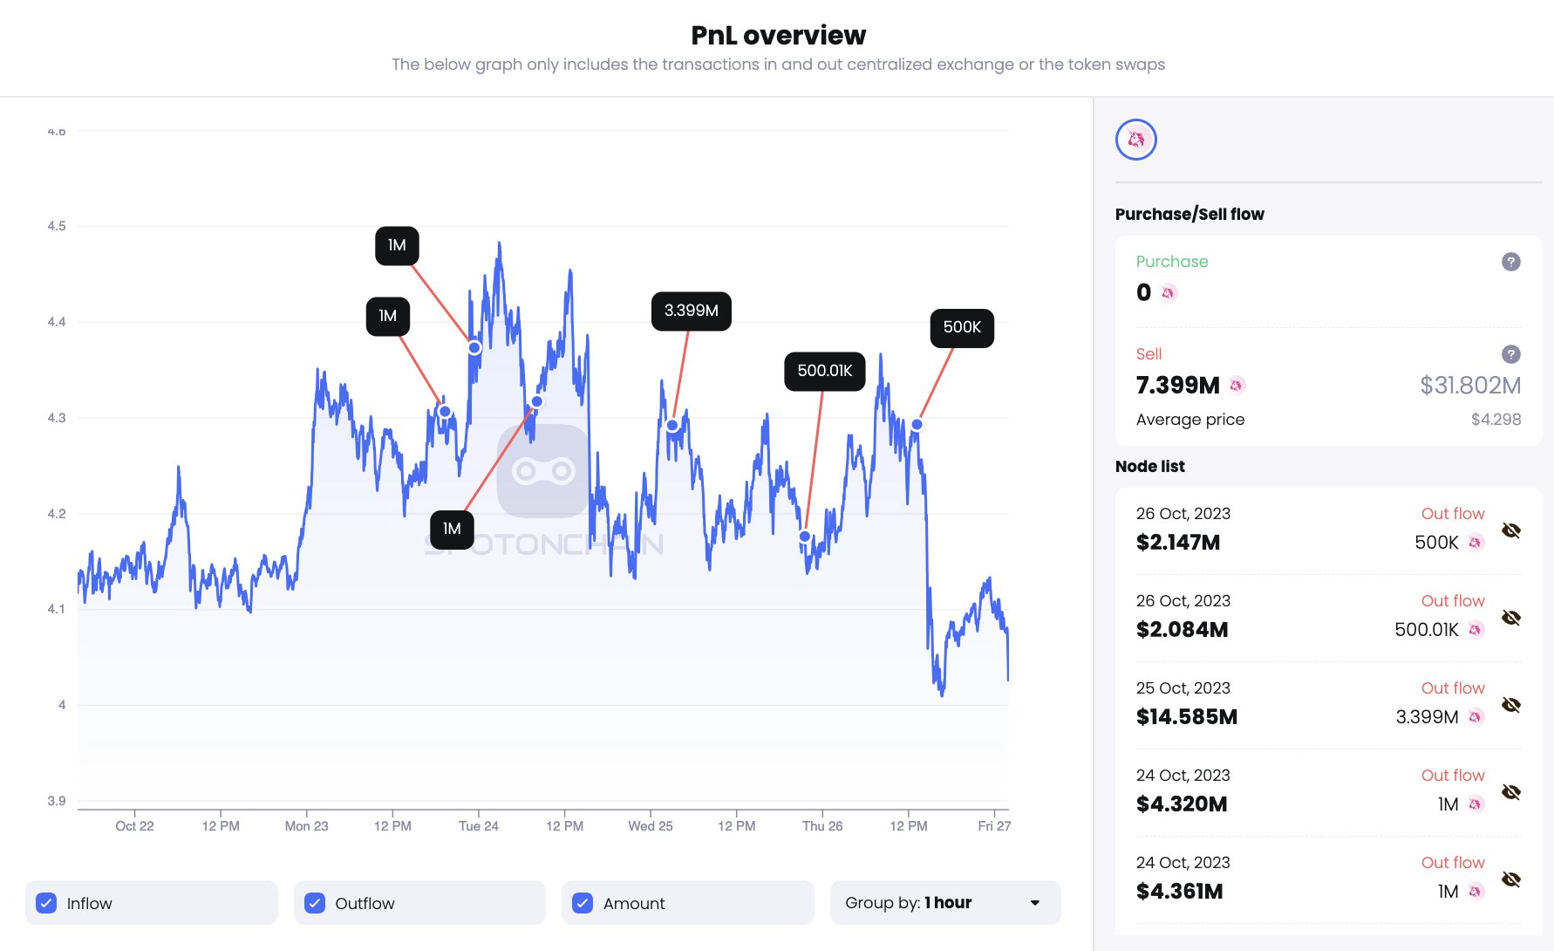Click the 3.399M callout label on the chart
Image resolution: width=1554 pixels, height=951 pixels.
point(691,311)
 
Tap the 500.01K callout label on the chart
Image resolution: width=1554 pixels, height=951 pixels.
point(824,371)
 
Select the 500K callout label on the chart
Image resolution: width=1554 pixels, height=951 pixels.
point(962,327)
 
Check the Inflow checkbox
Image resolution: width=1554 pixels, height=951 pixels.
point(46,903)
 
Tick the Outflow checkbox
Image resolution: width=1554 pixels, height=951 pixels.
point(315,903)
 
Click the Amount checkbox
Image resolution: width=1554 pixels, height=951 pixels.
point(583,903)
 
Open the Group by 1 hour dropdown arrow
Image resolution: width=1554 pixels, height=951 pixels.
point(1034,903)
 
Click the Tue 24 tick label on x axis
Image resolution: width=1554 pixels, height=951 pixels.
point(478,825)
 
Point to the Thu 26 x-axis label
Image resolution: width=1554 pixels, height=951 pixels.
point(821,825)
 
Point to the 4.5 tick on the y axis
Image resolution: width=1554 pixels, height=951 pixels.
point(57,226)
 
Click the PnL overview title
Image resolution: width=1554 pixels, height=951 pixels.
point(778,35)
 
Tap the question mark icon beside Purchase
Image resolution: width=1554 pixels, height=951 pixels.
point(1510,262)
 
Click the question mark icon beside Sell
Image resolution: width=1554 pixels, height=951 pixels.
point(1510,354)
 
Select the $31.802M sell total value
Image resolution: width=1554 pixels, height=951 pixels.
point(1469,385)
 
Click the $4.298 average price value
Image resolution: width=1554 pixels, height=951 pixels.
point(1496,420)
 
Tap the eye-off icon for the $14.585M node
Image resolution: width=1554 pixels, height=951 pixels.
point(1510,705)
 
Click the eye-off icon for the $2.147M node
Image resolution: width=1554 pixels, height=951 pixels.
point(1510,530)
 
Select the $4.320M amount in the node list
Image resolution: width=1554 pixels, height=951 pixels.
point(1182,804)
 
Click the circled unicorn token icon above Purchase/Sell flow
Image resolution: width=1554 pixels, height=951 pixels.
point(1135,140)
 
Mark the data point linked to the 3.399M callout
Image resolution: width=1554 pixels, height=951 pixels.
point(672,426)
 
